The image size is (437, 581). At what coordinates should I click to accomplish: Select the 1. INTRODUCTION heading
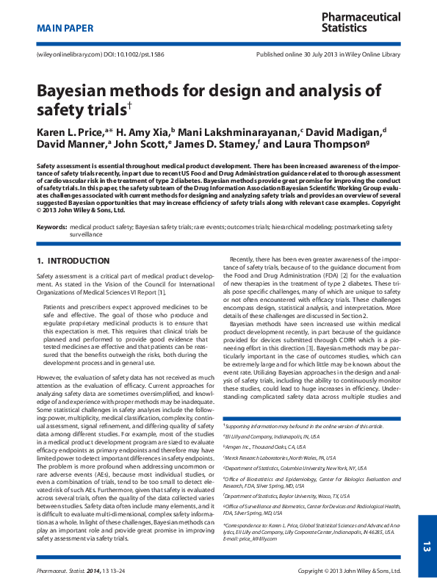pos(73,261)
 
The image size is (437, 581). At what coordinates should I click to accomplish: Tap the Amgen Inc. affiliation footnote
pos(264,446)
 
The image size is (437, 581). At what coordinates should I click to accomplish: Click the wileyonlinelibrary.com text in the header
pos(65,55)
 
